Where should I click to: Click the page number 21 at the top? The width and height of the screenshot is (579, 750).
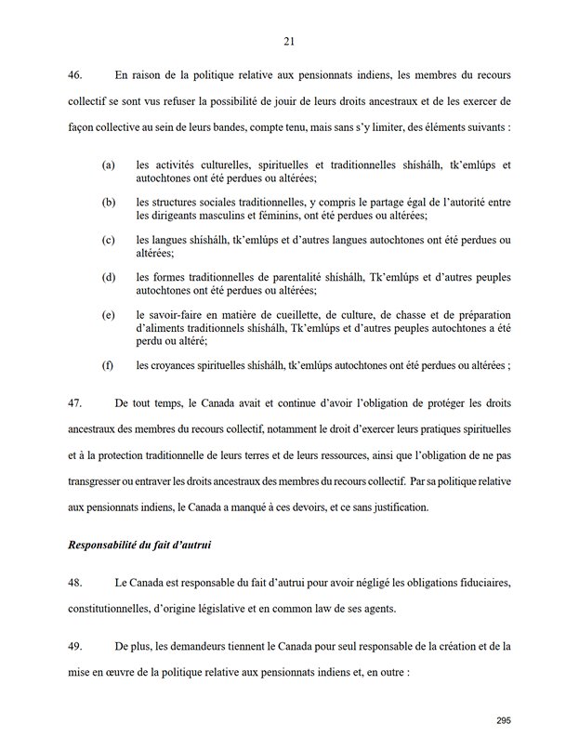pyautogui.click(x=289, y=41)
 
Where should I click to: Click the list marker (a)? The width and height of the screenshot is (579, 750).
pyautogui.click(x=109, y=164)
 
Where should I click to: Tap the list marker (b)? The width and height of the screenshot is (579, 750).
pyautogui.click(x=109, y=202)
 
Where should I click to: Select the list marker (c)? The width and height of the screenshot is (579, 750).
pyautogui.click(x=109, y=240)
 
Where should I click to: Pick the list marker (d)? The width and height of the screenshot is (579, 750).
pyautogui.click(x=109, y=277)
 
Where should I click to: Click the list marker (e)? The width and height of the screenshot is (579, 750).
pyautogui.click(x=109, y=315)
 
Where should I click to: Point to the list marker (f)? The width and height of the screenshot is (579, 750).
pyautogui.click(x=109, y=365)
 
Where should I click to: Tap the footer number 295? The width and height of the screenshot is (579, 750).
pyautogui.click(x=504, y=720)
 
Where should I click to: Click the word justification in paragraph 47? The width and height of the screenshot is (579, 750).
pyautogui.click(x=398, y=507)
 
